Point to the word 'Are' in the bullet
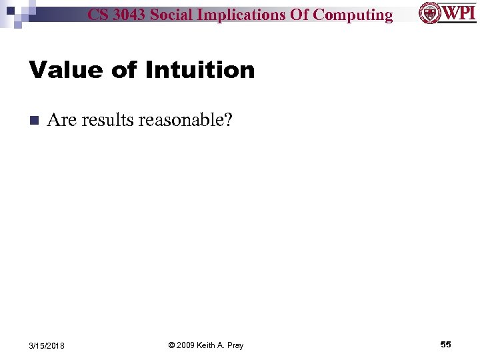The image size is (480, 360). point(62,120)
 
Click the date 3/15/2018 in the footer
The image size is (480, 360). point(47,345)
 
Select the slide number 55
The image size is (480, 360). point(445,344)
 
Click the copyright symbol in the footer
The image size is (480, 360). point(171,345)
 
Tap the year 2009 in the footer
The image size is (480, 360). point(187,345)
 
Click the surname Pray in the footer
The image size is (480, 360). point(235,345)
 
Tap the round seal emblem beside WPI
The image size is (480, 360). point(429,13)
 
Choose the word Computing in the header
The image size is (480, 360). point(353,15)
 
